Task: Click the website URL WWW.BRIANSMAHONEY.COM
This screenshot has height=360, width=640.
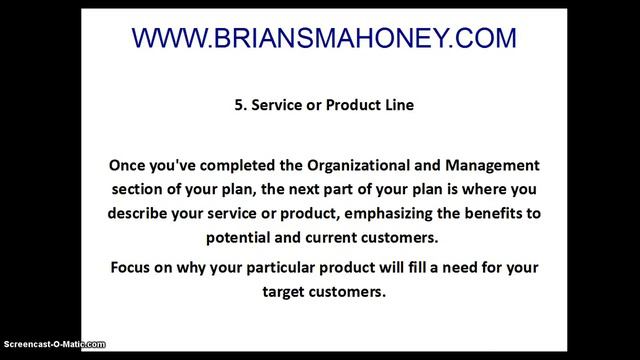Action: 325,39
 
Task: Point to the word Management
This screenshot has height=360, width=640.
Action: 487,163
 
